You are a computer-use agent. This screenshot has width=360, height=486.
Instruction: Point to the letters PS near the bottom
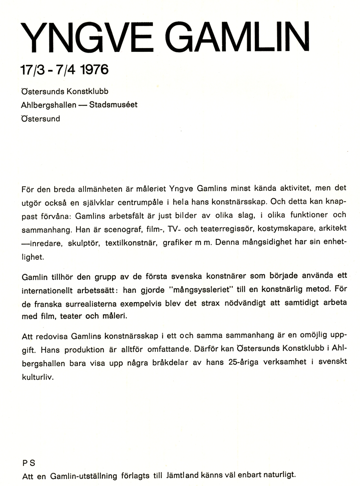(28, 463)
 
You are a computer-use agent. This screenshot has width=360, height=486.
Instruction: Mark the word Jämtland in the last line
(183, 475)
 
